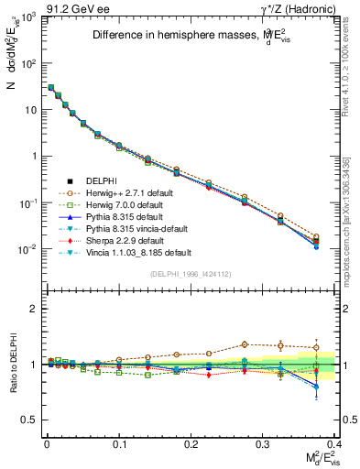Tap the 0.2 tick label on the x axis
click(x=191, y=442)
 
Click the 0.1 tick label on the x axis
click(x=119, y=442)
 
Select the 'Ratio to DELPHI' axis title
click(x=12, y=364)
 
